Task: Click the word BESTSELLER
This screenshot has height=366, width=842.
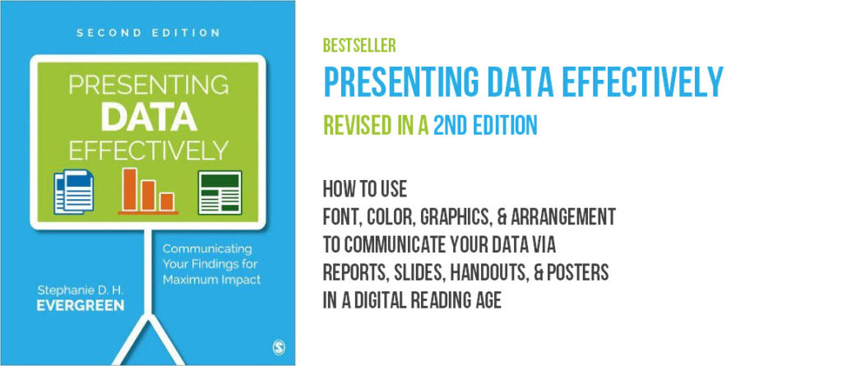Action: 359,46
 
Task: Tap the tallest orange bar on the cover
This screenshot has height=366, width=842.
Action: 129,189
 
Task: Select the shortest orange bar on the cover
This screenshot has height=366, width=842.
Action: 167,202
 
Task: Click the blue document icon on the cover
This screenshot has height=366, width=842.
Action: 73,191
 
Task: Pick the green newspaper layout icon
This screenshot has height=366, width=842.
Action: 220,192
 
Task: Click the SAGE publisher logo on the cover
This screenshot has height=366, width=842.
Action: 279,348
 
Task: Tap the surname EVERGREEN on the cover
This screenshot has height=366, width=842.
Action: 81,306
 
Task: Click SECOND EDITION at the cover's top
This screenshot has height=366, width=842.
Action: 148,33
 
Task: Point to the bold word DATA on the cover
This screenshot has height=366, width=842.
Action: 148,118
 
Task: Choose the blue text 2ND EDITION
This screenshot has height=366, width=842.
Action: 485,126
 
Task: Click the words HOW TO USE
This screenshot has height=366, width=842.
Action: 365,189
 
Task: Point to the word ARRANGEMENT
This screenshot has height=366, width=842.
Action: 562,217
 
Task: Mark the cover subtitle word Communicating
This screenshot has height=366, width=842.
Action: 207,249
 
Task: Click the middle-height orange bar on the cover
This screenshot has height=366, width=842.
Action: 148,196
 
